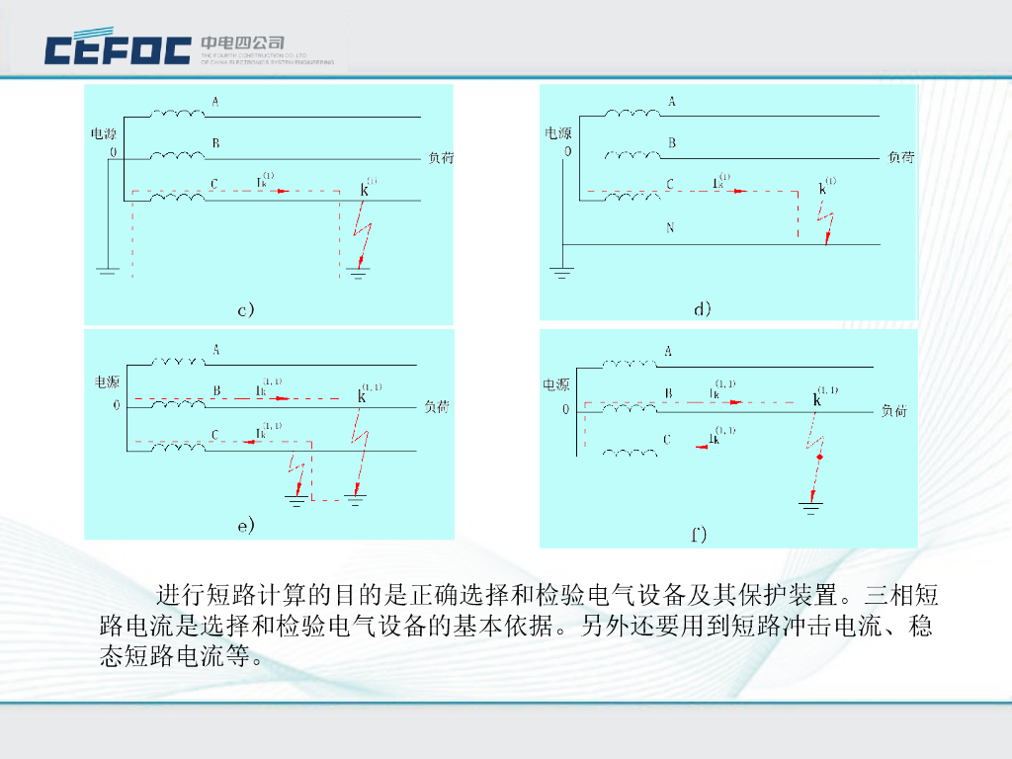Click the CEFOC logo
click(118, 49)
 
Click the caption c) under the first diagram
click(246, 309)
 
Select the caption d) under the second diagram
click(703, 308)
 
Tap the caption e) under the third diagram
click(246, 525)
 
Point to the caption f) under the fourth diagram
click(699, 535)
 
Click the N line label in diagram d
click(670, 228)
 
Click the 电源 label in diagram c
click(104, 133)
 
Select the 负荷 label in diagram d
click(900, 156)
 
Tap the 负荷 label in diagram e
click(437, 406)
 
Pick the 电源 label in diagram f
click(556, 384)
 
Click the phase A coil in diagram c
click(178, 115)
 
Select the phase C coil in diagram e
click(178, 448)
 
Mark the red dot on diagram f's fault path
click(819, 459)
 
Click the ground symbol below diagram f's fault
click(811, 508)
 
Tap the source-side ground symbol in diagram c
click(108, 268)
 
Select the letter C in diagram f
click(667, 440)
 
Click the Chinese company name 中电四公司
click(242, 43)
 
